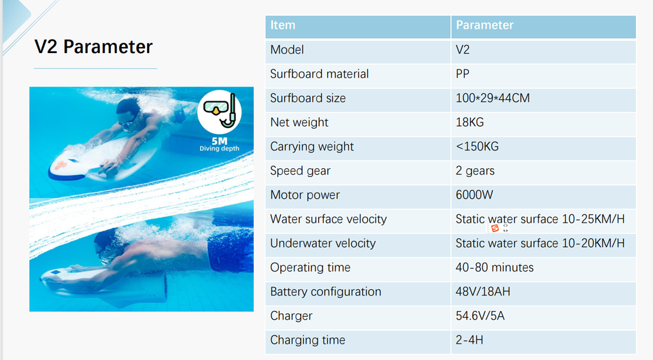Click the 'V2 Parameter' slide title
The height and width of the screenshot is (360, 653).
(x=93, y=47)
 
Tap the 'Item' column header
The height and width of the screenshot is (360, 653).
(x=283, y=25)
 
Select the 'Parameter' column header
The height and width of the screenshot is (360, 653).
(x=484, y=25)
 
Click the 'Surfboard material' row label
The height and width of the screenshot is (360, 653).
(x=320, y=73)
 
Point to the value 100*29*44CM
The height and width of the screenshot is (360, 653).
(x=492, y=98)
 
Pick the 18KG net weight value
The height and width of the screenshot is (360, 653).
(x=470, y=122)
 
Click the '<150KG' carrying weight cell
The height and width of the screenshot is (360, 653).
(x=478, y=146)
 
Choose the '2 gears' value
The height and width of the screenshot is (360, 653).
(x=475, y=171)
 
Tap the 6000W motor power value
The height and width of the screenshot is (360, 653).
(x=474, y=195)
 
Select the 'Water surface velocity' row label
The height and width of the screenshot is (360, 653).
(x=329, y=219)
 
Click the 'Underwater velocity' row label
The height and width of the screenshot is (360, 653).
(x=322, y=243)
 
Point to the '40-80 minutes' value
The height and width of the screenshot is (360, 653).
(x=495, y=267)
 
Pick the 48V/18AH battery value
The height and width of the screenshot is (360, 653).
(x=483, y=291)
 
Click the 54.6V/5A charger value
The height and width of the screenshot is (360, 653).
(x=480, y=315)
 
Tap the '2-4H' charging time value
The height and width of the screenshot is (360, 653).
(x=469, y=340)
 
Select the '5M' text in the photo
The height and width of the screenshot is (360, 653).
(x=220, y=142)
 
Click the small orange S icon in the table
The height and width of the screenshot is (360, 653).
(x=495, y=228)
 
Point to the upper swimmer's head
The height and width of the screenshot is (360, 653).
(x=129, y=112)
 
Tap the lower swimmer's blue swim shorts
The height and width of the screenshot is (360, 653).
(x=231, y=249)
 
